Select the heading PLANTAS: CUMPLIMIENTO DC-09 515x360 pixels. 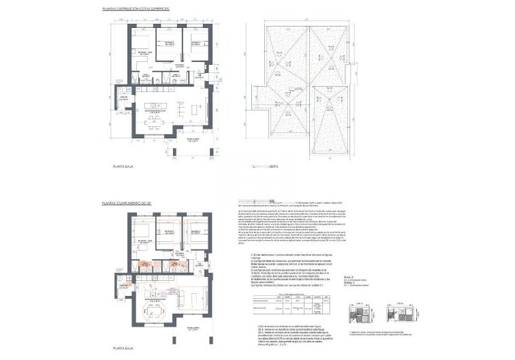click(127, 203)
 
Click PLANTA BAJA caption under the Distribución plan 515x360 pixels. click(123, 165)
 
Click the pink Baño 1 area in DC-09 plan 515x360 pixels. click(146, 264)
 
